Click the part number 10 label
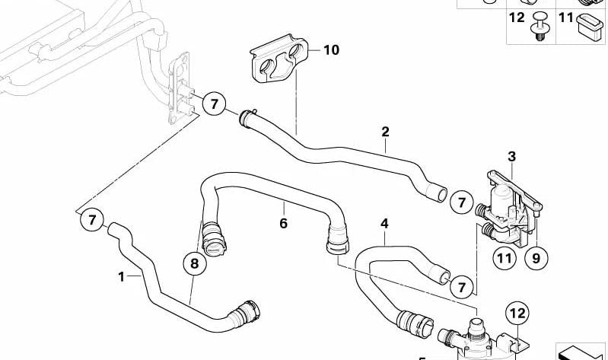click(331, 50)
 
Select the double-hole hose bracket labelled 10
click(279, 58)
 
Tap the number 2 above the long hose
click(384, 132)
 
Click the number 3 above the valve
click(512, 157)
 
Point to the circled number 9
click(536, 258)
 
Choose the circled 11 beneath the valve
click(505, 258)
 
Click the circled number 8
click(194, 263)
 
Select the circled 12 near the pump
click(517, 313)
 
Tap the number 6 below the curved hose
click(283, 224)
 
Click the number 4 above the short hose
click(384, 224)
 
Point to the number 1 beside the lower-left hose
click(121, 276)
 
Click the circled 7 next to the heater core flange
click(214, 104)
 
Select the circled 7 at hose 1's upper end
click(92, 220)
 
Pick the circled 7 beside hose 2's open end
click(461, 202)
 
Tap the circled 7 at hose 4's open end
click(461, 287)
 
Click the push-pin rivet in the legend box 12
click(537, 26)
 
